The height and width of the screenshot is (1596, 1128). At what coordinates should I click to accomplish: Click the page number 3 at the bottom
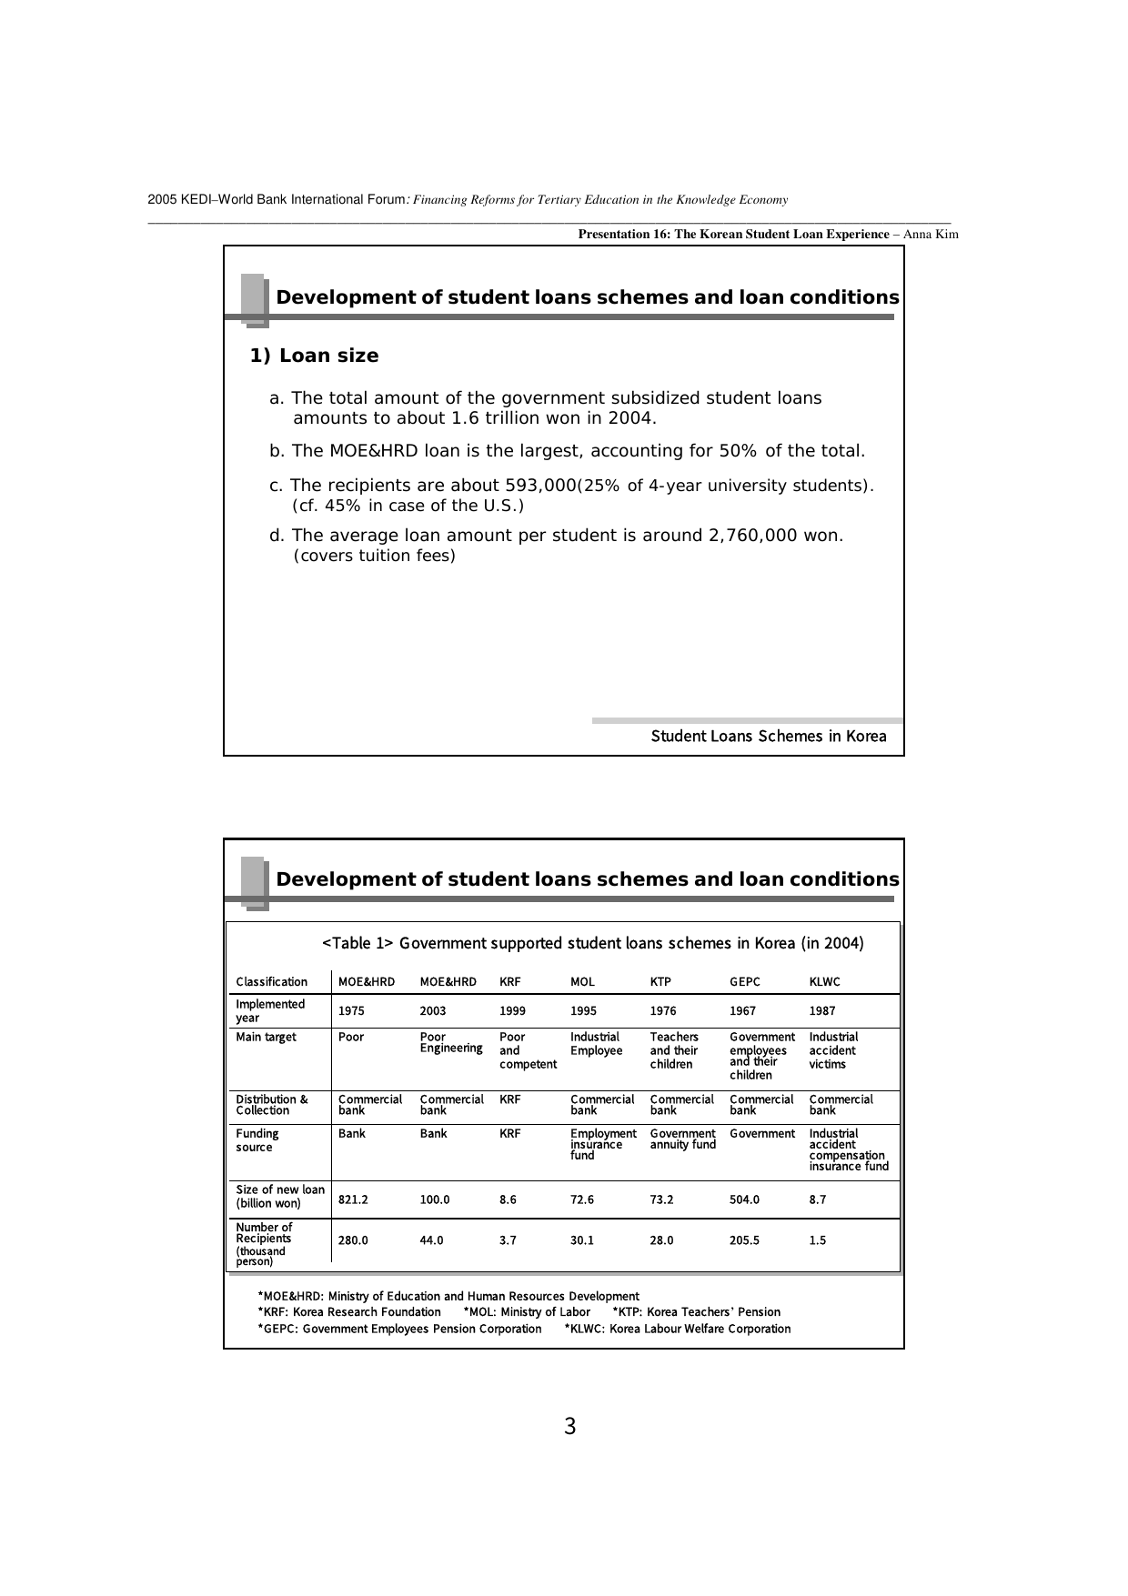point(570,1427)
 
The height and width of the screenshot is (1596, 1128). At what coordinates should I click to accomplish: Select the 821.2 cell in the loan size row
point(353,1200)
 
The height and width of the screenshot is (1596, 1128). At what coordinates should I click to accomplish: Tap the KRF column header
point(509,982)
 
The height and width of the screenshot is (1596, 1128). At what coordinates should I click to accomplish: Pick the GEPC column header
point(744,982)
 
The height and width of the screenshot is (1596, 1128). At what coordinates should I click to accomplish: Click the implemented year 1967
point(742,1011)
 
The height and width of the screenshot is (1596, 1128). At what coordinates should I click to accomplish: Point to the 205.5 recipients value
point(744,1240)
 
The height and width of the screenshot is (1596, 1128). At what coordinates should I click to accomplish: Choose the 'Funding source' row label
point(257,1140)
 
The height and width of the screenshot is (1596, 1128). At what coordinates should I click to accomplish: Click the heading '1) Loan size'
point(314,356)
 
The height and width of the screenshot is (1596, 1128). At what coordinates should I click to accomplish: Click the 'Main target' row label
point(266,1038)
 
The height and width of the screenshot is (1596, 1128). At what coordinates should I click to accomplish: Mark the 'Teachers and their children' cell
point(674,1050)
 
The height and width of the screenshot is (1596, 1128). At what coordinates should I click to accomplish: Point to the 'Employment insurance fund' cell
point(602,1145)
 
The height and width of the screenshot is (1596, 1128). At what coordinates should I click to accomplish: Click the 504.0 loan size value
point(744,1200)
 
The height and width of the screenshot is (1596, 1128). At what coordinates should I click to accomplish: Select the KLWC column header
point(824,982)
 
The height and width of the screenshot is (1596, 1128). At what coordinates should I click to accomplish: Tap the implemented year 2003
point(433,1011)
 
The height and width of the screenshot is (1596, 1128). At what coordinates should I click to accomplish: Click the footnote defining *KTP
point(696,1312)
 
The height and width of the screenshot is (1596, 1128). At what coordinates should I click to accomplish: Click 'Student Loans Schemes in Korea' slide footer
point(769,737)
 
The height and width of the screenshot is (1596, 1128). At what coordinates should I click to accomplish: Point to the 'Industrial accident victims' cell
point(833,1050)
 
